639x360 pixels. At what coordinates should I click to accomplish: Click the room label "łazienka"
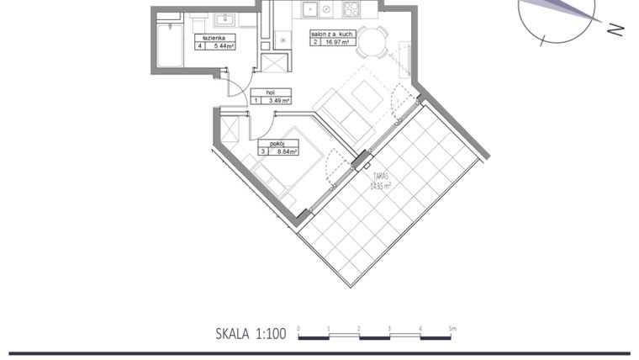(x=214, y=38)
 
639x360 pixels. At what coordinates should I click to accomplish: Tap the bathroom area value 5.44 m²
(x=221, y=46)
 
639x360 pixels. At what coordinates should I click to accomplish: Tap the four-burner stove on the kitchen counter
(x=350, y=10)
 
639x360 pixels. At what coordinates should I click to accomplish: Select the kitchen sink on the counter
(x=311, y=10)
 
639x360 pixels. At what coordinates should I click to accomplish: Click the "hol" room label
(x=271, y=92)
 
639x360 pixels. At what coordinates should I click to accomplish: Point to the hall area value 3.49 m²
(x=278, y=100)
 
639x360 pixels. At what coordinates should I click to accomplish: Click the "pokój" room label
(x=277, y=144)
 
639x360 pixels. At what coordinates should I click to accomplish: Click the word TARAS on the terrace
(x=382, y=177)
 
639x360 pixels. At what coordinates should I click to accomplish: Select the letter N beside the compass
(x=615, y=29)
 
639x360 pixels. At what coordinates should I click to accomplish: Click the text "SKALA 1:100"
(x=251, y=334)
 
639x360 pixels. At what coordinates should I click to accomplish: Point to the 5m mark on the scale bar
(x=452, y=329)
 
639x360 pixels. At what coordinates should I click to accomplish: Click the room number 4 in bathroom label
(x=200, y=46)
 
